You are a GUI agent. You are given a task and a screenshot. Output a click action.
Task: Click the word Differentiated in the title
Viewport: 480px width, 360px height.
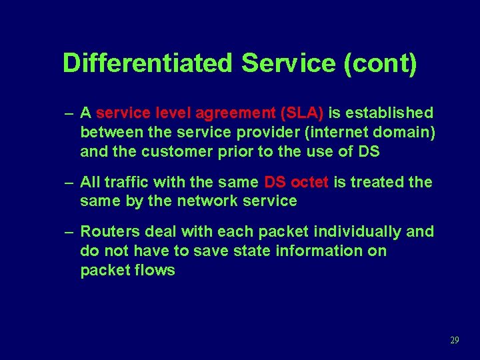point(148,63)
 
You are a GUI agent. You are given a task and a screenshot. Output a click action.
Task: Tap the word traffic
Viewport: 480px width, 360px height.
point(127,181)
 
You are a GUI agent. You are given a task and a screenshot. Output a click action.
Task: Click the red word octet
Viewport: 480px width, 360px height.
point(309,181)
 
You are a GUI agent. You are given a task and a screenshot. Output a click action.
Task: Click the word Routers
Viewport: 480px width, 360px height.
point(108,231)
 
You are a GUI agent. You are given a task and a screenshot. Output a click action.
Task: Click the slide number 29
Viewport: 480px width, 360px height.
point(455,340)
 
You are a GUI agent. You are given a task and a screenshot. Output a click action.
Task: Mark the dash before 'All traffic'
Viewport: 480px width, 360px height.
point(69,182)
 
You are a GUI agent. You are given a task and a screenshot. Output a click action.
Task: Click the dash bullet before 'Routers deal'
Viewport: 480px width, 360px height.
point(69,232)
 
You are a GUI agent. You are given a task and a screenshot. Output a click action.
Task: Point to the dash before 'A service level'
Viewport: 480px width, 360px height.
point(69,113)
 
